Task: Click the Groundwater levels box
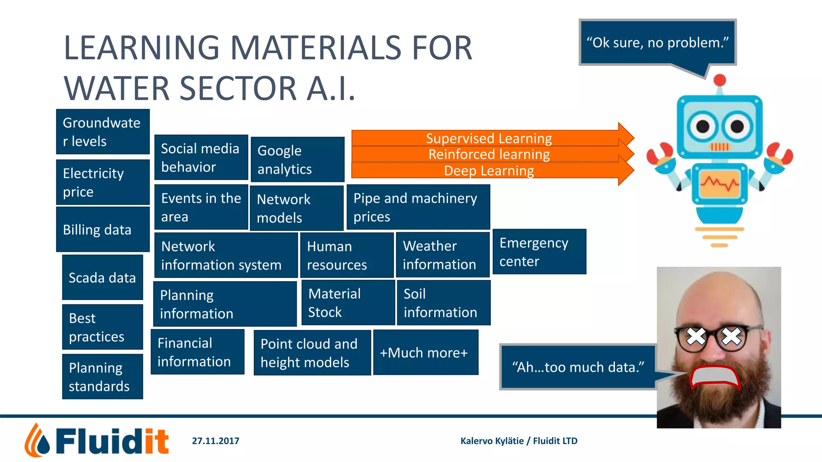tap(103, 132)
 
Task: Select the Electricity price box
tap(103, 182)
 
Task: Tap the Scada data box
tap(102, 277)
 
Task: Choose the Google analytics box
tap(297, 159)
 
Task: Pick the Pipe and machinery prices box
tap(418, 207)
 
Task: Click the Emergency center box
tap(539, 251)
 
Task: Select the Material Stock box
tap(348, 302)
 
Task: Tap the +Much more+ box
tap(425, 353)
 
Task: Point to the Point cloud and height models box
tap(312, 353)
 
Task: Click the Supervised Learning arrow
tap(489, 138)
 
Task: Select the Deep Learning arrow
tap(489, 171)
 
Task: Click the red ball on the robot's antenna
tap(720, 80)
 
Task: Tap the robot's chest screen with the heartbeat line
tap(720, 184)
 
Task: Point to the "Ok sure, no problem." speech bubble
tap(657, 42)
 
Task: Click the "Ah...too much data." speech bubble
tap(578, 367)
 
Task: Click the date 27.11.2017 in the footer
tap(216, 441)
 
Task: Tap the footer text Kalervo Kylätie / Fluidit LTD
tap(519, 441)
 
